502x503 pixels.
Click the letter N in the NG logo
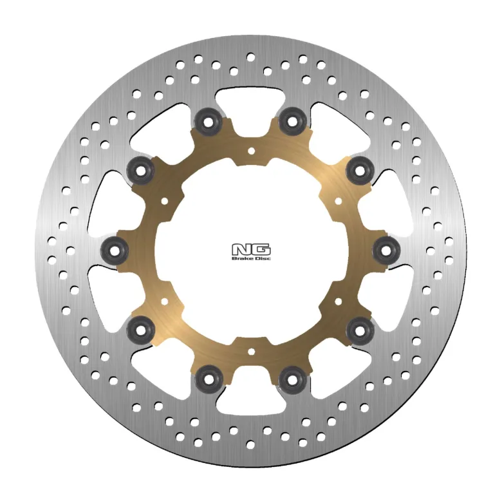point(242,250)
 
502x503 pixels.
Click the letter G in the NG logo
point(261,250)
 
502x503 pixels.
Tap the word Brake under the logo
point(241,258)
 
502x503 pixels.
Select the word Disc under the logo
point(263,258)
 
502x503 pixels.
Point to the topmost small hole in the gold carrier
point(251,151)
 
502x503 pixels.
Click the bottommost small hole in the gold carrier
point(251,352)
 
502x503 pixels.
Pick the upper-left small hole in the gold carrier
point(165,201)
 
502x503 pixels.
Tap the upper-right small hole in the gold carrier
point(338,201)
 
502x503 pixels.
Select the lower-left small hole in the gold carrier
point(165,301)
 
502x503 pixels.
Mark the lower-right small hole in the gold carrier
point(338,301)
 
